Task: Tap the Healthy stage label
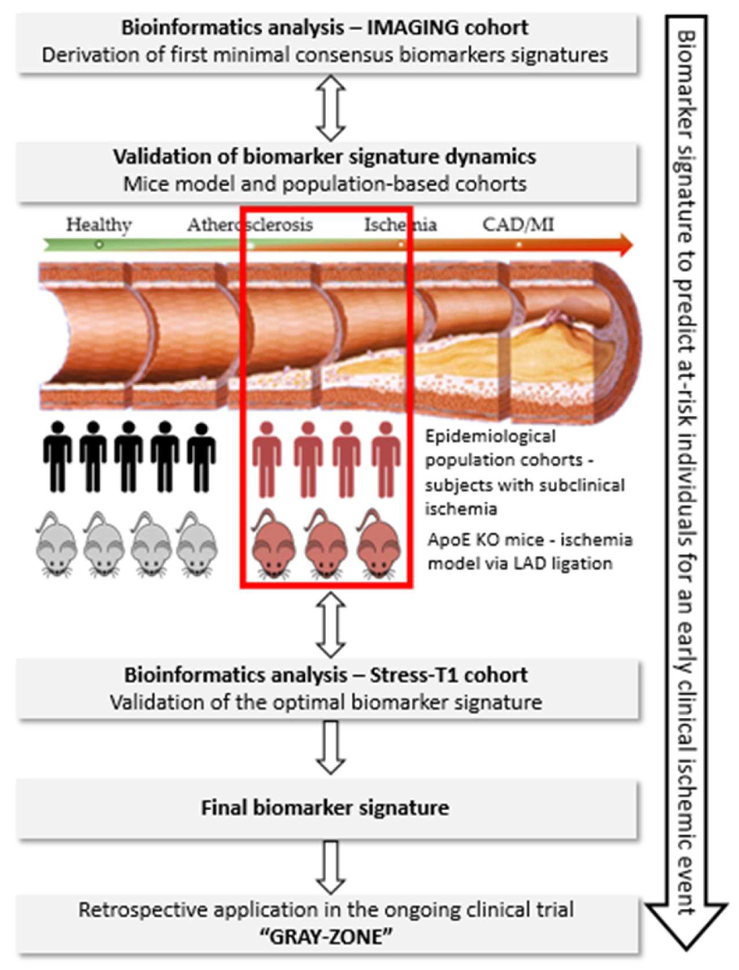point(99,225)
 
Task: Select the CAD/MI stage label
point(518,225)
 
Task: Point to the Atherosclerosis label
point(250,225)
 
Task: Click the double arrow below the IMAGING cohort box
point(331,108)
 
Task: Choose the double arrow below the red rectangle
point(331,624)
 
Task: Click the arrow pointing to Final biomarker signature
point(331,747)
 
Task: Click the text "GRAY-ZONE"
point(325,936)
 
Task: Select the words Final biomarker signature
point(325,808)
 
